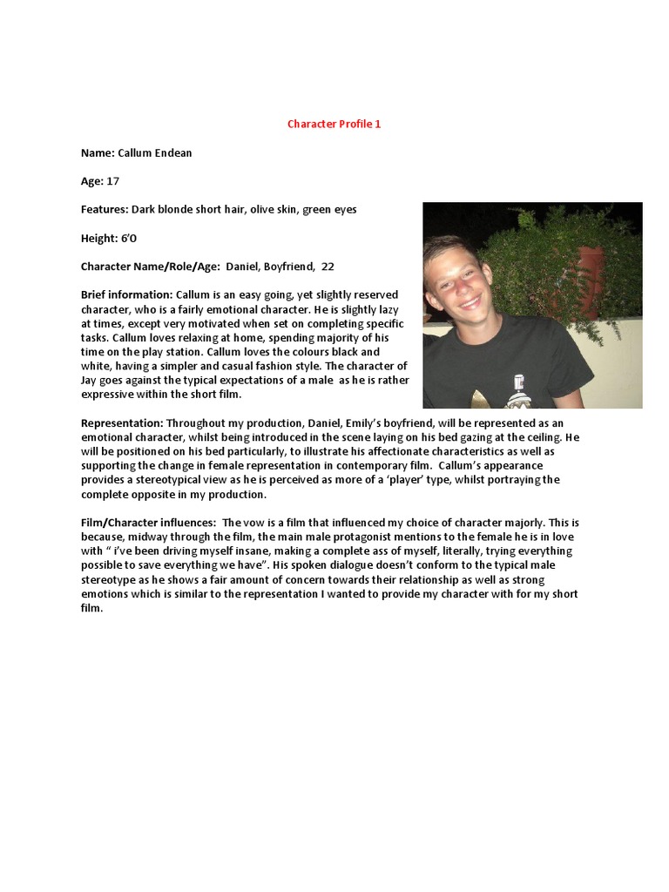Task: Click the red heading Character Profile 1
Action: point(334,124)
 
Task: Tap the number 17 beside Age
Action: point(112,181)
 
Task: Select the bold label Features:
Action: point(105,210)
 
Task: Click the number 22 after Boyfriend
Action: point(328,267)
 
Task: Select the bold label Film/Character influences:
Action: point(148,522)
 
